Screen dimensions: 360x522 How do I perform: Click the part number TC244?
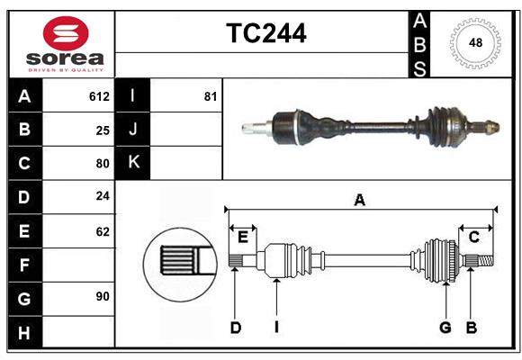(x=265, y=33)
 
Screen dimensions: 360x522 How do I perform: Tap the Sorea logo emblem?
(x=66, y=33)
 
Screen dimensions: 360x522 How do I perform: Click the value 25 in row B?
(x=103, y=130)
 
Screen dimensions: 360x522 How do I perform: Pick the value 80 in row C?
(x=103, y=164)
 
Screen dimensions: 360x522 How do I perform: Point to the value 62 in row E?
(x=103, y=231)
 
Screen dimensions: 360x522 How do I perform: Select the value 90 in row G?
(x=103, y=296)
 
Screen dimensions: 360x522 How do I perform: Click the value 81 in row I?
(x=211, y=96)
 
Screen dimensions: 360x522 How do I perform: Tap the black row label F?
(x=24, y=265)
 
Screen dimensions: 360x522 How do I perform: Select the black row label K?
(x=133, y=163)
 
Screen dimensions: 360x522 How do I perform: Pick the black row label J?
(x=133, y=130)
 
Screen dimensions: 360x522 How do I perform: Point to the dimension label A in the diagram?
(x=359, y=201)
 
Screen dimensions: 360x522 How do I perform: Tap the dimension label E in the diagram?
(x=243, y=237)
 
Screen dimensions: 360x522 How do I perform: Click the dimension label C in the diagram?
(x=473, y=237)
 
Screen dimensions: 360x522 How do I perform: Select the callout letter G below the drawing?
(x=445, y=328)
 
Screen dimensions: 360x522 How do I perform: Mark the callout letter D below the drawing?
(x=235, y=328)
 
